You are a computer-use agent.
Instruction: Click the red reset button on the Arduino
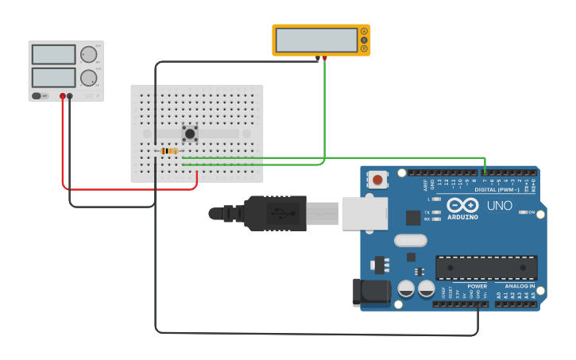point(377,180)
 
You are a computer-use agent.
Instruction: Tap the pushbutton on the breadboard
point(190,134)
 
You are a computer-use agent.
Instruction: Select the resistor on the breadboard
point(169,151)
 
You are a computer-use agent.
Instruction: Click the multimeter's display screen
point(316,40)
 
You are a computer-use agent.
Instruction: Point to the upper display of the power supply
point(53,54)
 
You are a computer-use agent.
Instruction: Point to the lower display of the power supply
point(53,77)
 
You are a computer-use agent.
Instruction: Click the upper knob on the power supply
point(88,55)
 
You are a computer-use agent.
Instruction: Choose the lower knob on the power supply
point(88,78)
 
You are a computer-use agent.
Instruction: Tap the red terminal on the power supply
point(62,96)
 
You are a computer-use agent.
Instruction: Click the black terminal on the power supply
point(70,96)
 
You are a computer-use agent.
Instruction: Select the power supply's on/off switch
point(37,96)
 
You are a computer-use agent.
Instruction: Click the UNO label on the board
point(499,206)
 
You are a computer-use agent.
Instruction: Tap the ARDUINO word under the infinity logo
point(462,217)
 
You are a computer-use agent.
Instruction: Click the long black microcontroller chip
point(486,268)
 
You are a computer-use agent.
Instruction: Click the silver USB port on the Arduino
point(365,213)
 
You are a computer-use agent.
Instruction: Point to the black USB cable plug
point(274,213)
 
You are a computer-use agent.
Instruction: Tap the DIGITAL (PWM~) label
point(496,190)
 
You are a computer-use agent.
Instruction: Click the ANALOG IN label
point(520,286)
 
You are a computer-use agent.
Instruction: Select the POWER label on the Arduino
point(477,286)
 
